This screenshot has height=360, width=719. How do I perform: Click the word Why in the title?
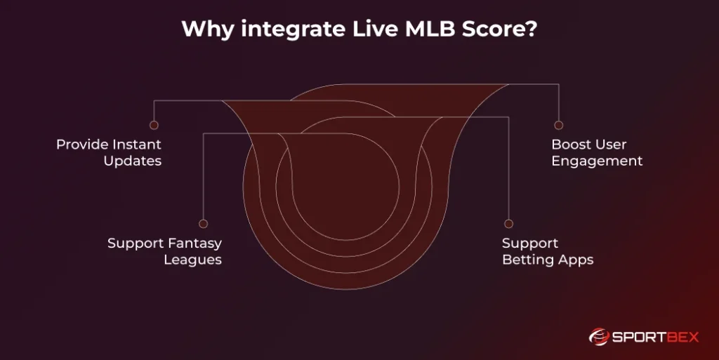pyautogui.click(x=208, y=29)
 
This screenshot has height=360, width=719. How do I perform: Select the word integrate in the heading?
pyautogui.click(x=293, y=29)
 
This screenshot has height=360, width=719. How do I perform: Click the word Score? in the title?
pyautogui.click(x=499, y=29)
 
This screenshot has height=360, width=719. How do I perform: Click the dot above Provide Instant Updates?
pyautogui.click(x=154, y=125)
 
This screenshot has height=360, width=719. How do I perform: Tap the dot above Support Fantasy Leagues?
pyautogui.click(x=203, y=224)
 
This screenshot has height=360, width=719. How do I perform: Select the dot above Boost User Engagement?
pyautogui.click(x=558, y=125)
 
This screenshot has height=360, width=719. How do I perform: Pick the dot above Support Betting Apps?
pyautogui.click(x=508, y=224)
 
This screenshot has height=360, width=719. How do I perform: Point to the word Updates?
pyautogui.click(x=133, y=161)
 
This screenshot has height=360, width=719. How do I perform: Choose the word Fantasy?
pyautogui.click(x=194, y=244)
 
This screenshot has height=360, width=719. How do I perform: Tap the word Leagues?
pyautogui.click(x=193, y=260)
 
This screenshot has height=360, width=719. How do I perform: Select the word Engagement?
pyautogui.click(x=597, y=161)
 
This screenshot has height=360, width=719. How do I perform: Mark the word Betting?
pyautogui.click(x=527, y=260)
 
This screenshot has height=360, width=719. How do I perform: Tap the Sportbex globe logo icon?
pyautogui.click(x=598, y=337)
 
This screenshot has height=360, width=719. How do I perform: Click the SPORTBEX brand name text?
pyautogui.click(x=655, y=338)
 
